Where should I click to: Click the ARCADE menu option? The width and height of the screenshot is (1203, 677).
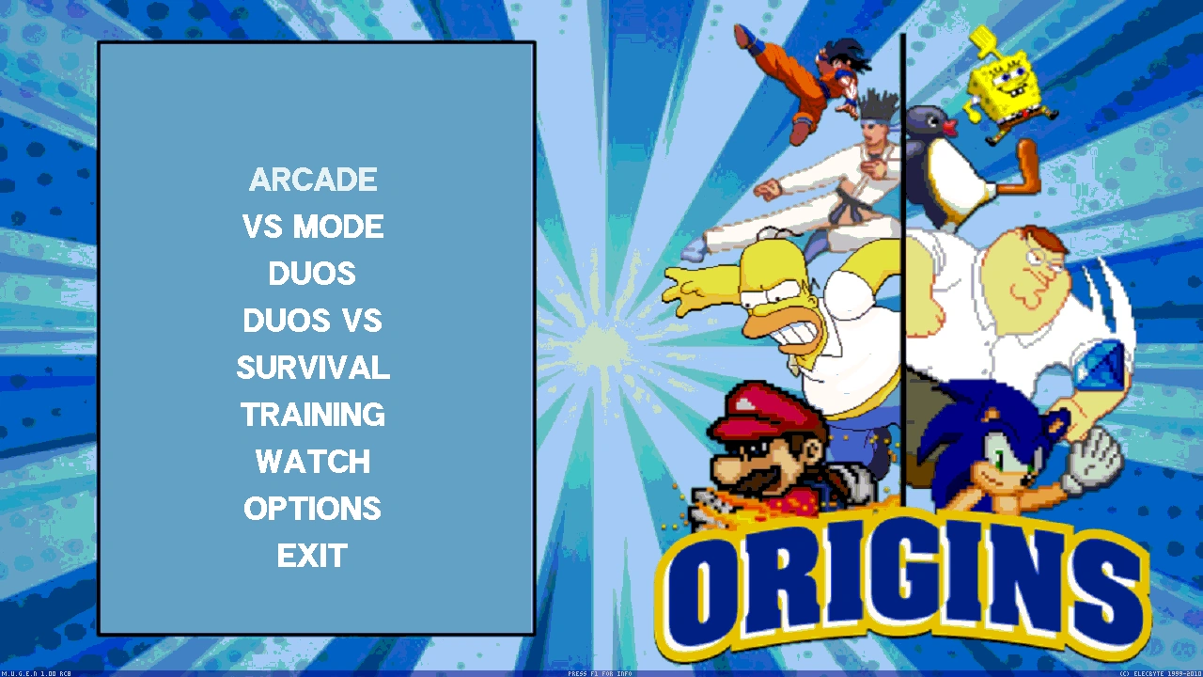[313, 180]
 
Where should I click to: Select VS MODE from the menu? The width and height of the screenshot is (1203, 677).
[313, 227]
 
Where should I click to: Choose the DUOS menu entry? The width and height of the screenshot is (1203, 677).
[312, 274]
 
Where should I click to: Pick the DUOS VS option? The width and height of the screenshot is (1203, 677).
[312, 321]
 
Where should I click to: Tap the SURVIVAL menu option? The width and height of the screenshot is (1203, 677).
[313, 368]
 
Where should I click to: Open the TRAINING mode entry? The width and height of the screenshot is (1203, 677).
[313, 415]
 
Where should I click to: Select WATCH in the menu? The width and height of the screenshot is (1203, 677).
[313, 462]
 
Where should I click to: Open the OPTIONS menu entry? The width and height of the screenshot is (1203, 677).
[313, 509]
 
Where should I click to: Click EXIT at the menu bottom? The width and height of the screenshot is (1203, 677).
[313, 556]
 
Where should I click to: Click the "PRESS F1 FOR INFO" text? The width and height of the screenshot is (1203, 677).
[600, 673]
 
